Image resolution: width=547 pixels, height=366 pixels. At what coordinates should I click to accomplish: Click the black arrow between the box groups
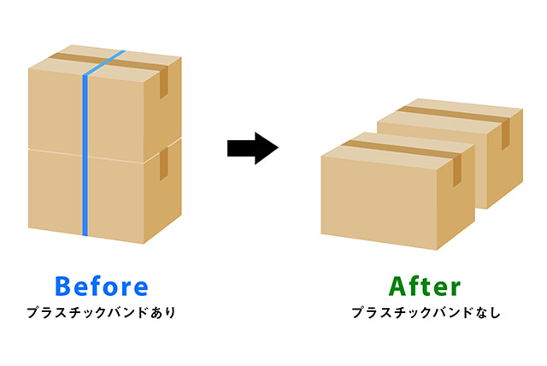[253, 148]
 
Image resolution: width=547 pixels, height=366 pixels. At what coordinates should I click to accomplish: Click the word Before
[102, 286]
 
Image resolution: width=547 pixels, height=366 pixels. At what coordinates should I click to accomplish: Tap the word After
[425, 286]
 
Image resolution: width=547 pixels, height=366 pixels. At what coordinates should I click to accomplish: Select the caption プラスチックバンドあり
[101, 313]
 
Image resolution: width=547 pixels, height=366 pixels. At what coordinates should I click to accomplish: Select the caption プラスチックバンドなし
[426, 313]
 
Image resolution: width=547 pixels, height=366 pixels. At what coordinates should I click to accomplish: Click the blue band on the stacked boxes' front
[85, 156]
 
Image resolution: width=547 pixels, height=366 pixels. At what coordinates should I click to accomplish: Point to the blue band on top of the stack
[104, 62]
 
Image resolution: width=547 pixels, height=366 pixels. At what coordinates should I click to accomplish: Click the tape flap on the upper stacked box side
[164, 82]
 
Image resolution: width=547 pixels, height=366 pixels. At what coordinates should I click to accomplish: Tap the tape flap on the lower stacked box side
[164, 164]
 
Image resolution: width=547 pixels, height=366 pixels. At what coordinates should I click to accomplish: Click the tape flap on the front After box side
[457, 170]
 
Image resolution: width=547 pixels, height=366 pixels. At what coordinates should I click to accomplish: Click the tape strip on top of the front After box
[401, 149]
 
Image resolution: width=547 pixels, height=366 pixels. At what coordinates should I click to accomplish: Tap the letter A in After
[398, 286]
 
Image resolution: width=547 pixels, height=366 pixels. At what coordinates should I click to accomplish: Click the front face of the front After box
[379, 203]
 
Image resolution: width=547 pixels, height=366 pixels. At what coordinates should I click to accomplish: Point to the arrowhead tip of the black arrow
[278, 148]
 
